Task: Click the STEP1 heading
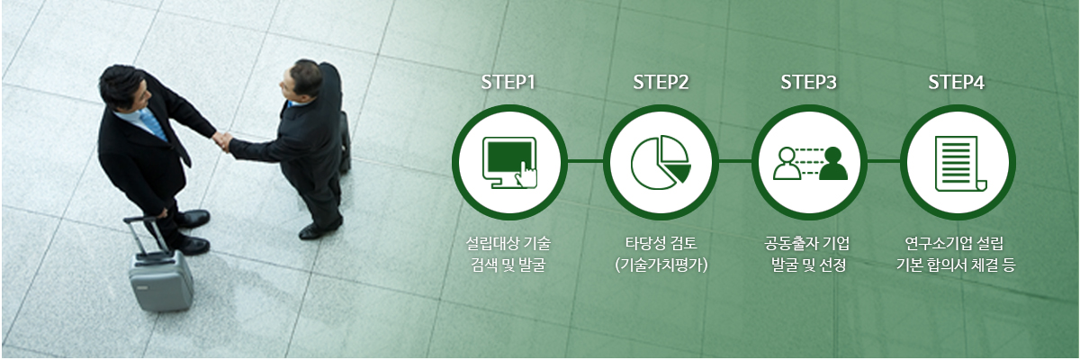click(508, 83)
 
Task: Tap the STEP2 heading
click(661, 83)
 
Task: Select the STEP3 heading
click(808, 83)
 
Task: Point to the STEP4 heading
click(956, 83)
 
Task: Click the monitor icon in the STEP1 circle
click(509, 162)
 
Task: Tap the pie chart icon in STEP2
click(661, 162)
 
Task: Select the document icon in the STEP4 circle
click(960, 164)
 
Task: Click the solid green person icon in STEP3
click(833, 164)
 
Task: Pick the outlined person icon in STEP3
click(787, 164)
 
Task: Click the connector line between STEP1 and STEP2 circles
click(585, 161)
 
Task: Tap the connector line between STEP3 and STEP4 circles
click(883, 161)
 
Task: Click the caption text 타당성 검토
click(661, 242)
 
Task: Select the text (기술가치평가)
click(661, 265)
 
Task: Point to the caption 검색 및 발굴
click(508, 265)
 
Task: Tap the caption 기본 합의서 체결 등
click(956, 265)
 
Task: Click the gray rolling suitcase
click(160, 274)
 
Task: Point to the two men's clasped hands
click(223, 141)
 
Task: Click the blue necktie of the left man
click(153, 124)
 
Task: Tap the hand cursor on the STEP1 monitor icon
click(526, 175)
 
